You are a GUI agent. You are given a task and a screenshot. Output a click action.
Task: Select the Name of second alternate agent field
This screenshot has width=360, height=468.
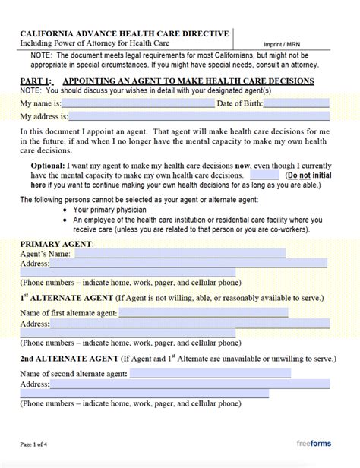coord(210,373)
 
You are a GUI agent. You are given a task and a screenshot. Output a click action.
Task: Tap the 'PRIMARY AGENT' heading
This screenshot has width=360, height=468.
coord(56,244)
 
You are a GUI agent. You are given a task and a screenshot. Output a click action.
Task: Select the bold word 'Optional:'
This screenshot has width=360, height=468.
coord(47,165)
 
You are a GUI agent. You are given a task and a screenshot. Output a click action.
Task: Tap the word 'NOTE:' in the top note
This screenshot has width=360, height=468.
coord(42,56)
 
